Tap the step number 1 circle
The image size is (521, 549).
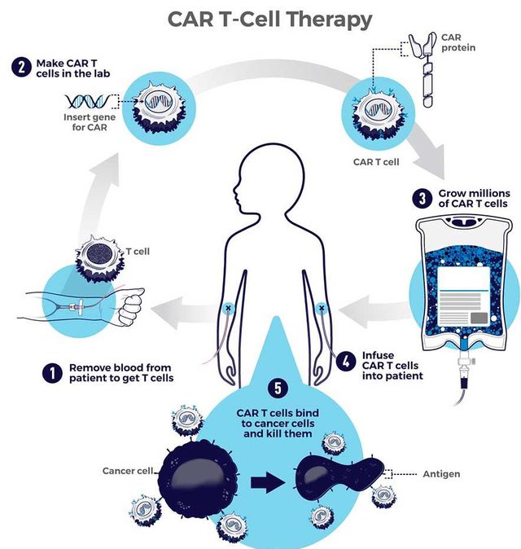tap(53, 372)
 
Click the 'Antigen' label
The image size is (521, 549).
tap(441, 473)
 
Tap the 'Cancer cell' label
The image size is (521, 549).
tap(129, 471)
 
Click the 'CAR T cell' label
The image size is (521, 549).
tap(377, 161)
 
